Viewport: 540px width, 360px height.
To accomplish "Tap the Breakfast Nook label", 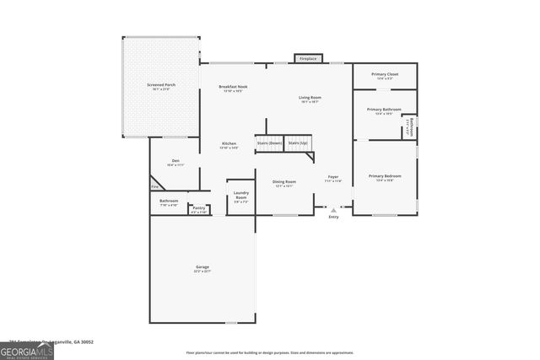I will point(232,89).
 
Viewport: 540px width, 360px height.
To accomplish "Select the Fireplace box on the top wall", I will point(309,59).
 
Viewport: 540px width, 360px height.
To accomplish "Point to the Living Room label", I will point(310,99).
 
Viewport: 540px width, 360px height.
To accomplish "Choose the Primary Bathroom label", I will point(384,110).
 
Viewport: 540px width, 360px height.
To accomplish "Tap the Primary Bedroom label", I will point(384,177).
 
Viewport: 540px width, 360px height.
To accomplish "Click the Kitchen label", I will point(229,145).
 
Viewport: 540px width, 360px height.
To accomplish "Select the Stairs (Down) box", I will point(269,144).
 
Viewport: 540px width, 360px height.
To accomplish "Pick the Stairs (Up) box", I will point(298,144).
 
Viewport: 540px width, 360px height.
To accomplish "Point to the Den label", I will point(175,162).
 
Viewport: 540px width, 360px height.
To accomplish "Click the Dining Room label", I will point(283,183).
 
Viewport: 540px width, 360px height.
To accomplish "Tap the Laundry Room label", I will point(241,197).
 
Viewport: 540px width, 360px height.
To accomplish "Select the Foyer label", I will point(333,178).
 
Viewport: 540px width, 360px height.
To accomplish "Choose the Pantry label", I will point(198,208).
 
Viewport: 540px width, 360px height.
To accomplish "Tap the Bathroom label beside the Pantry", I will point(168,202).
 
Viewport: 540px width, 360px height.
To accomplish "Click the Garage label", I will point(202,269).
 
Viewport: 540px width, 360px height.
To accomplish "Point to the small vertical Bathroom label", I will point(409,126).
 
